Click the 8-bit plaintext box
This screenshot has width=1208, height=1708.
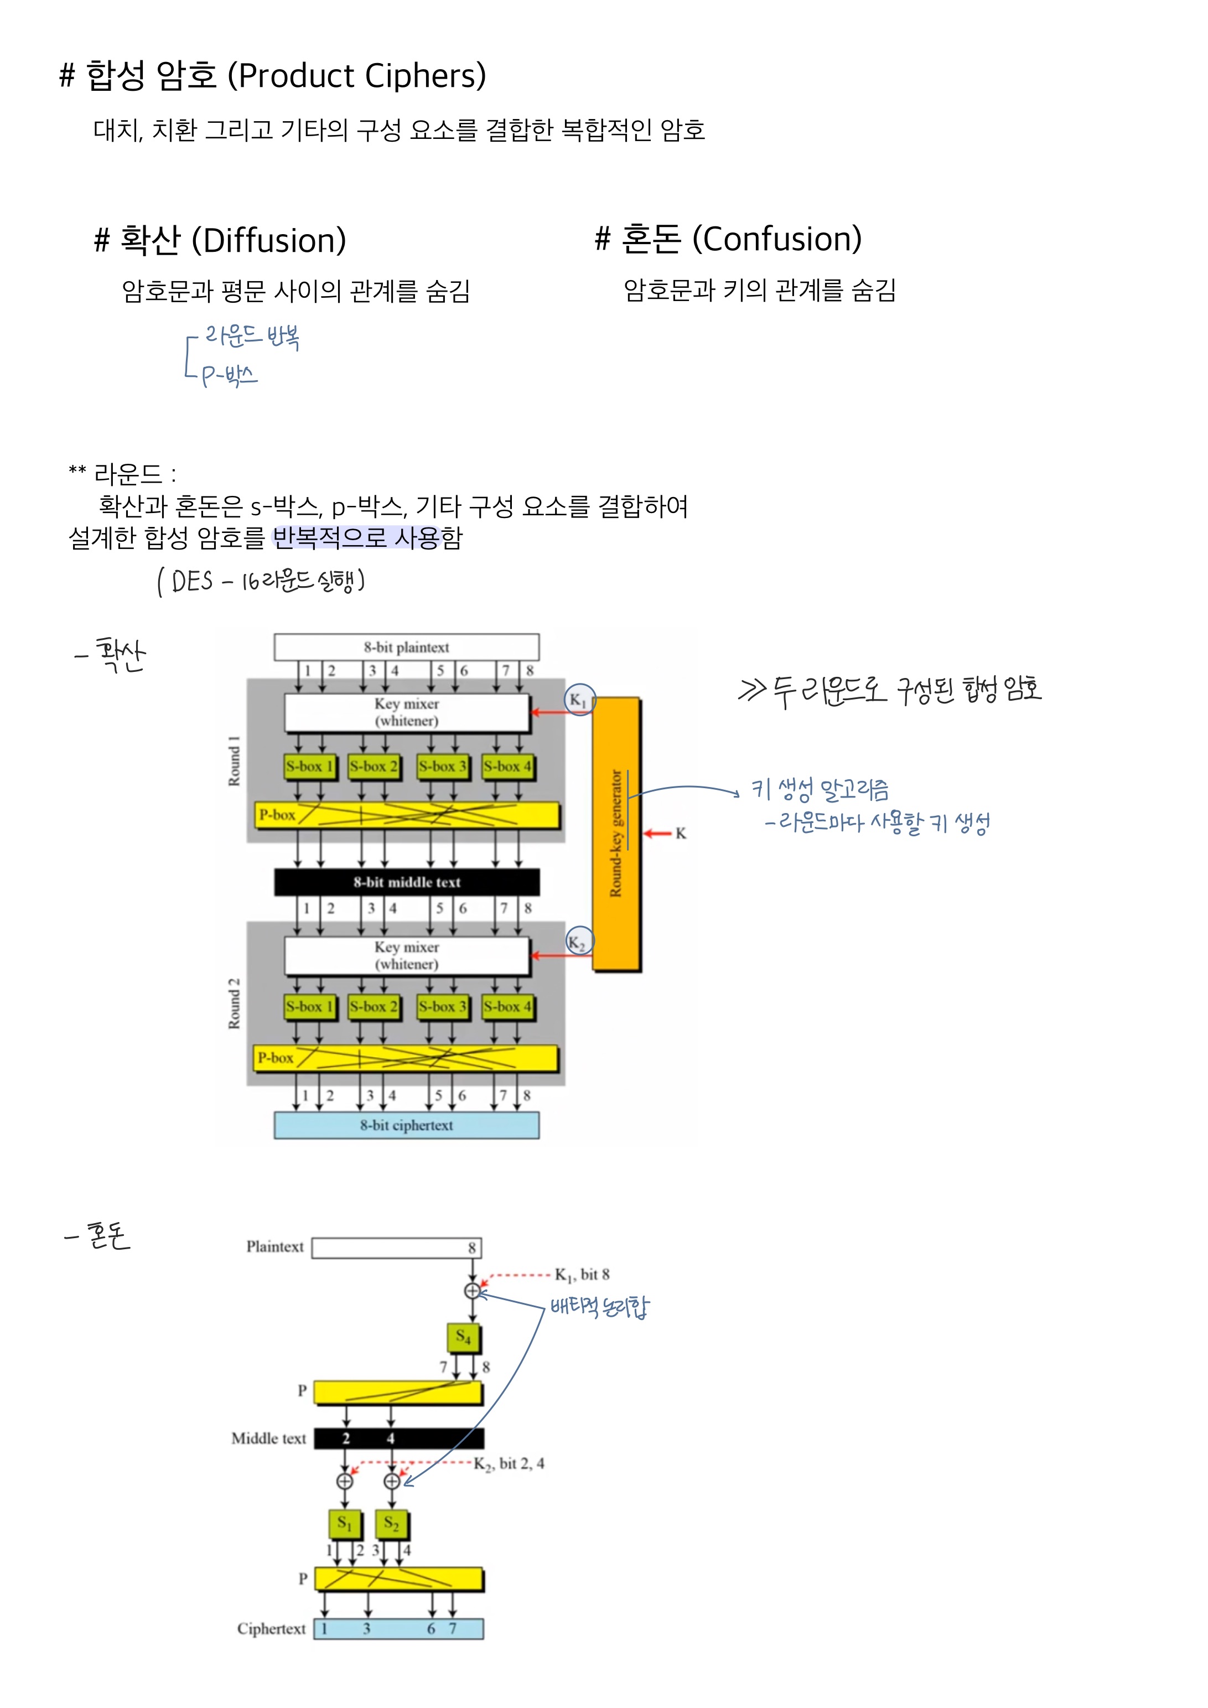click(406, 646)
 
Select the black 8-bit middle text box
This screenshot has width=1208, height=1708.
click(406, 882)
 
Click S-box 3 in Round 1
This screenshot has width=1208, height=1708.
click(443, 766)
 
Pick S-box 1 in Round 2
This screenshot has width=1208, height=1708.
click(309, 1007)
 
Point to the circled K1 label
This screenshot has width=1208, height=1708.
click(579, 700)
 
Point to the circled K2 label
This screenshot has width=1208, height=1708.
click(579, 942)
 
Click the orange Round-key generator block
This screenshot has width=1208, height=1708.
click(616, 833)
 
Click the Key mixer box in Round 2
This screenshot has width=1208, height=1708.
click(406, 955)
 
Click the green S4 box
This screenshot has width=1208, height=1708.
click(463, 1337)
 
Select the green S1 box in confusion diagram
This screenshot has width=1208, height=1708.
click(344, 1523)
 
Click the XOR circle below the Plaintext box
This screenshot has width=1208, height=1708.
click(473, 1291)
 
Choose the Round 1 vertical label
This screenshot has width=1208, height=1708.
click(234, 761)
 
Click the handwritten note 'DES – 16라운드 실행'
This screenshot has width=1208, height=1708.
click(260, 580)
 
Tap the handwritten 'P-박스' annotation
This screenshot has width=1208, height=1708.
click(229, 374)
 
